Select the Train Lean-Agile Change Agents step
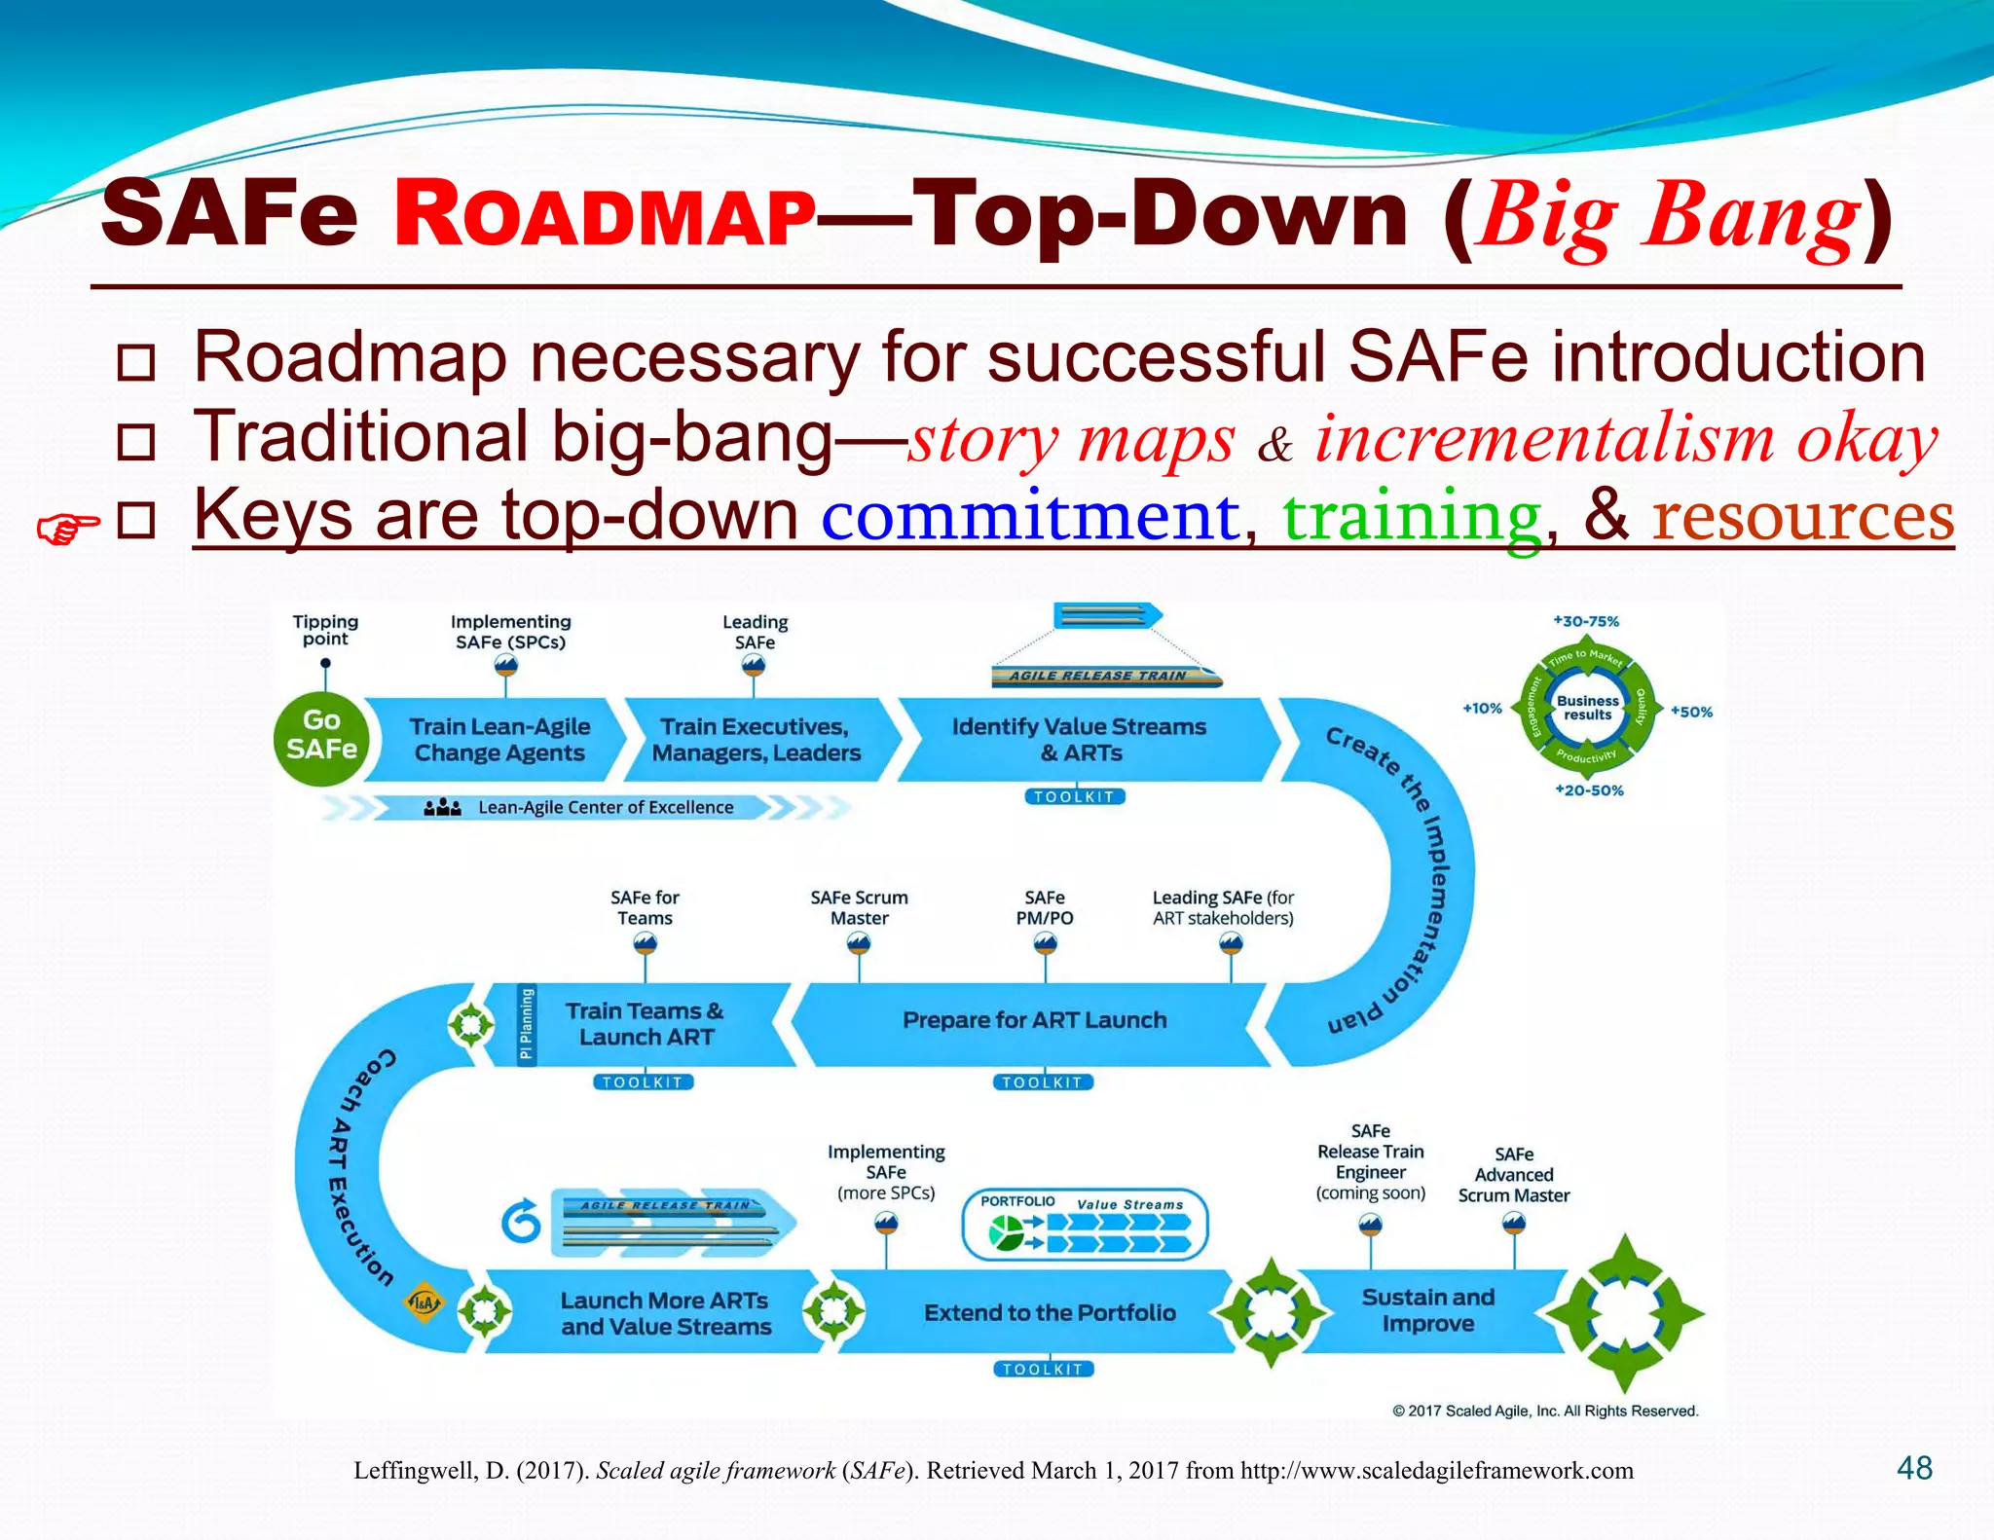pyautogui.click(x=498, y=740)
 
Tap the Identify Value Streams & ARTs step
pyautogui.click(x=1079, y=740)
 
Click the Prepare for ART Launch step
pyautogui.click(x=1034, y=1020)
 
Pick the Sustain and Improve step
pyautogui.click(x=1427, y=1310)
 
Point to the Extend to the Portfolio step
pyautogui.click(x=1050, y=1312)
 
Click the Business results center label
pyautogui.click(x=1587, y=708)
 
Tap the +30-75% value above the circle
pyautogui.click(x=1586, y=621)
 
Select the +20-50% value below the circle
pyautogui.click(x=1589, y=790)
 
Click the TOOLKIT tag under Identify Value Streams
pyautogui.click(x=1074, y=796)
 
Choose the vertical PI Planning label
pyautogui.click(x=526, y=1024)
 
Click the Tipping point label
pyautogui.click(x=325, y=630)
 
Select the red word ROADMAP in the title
pyautogui.click(x=604, y=216)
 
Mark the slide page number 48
pyautogui.click(x=1914, y=1468)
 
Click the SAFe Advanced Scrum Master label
pyautogui.click(x=1513, y=1175)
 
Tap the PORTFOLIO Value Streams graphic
pyautogui.click(x=1085, y=1225)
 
